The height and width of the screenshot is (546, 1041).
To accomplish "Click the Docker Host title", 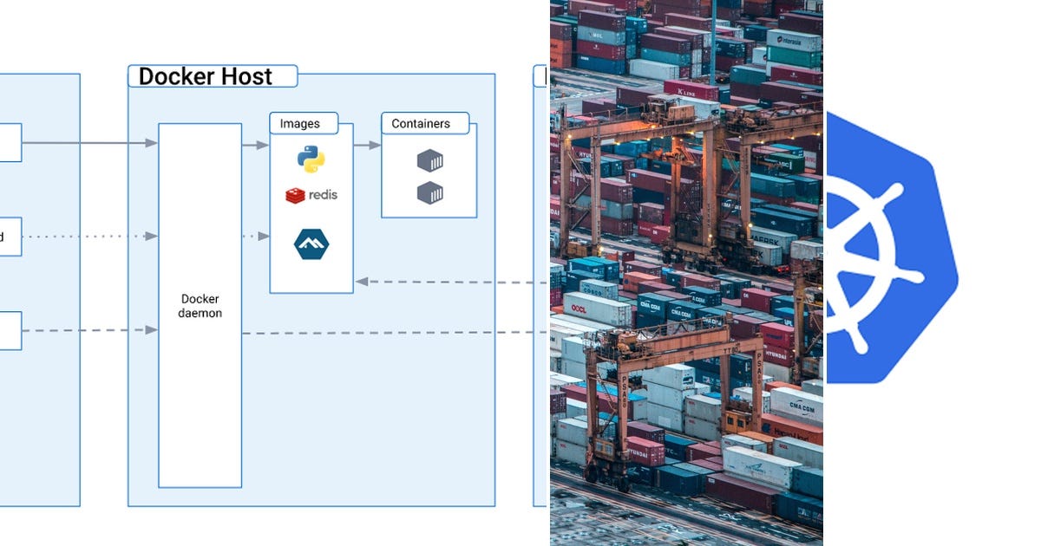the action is pyautogui.click(x=206, y=76).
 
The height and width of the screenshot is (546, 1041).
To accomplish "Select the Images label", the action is pyautogui.click(x=299, y=124).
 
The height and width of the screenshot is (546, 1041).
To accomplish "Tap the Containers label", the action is pyautogui.click(x=421, y=124).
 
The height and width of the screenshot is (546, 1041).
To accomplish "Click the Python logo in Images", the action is pyautogui.click(x=311, y=159).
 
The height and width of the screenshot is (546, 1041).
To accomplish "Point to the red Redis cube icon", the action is pyautogui.click(x=295, y=195).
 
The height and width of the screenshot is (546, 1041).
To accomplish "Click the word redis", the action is pyautogui.click(x=323, y=195).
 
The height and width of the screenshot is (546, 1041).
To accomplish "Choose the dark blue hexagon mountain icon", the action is pyautogui.click(x=311, y=244).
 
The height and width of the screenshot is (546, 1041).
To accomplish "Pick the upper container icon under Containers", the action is pyautogui.click(x=430, y=160).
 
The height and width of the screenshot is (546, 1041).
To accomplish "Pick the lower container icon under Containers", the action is pyautogui.click(x=430, y=192).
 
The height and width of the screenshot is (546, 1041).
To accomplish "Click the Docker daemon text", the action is pyautogui.click(x=200, y=306).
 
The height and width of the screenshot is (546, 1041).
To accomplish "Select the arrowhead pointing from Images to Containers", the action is pyautogui.click(x=375, y=145).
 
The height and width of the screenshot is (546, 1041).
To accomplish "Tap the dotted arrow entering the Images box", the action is pyautogui.click(x=263, y=236).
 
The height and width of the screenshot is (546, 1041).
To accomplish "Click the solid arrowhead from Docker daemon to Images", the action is pyautogui.click(x=263, y=145).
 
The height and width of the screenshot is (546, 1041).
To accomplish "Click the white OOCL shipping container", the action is pyautogui.click(x=597, y=308).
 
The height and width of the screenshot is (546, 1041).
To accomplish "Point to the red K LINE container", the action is pyautogui.click(x=691, y=90).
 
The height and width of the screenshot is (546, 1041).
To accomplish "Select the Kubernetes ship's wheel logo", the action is pyautogui.click(x=876, y=260).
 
